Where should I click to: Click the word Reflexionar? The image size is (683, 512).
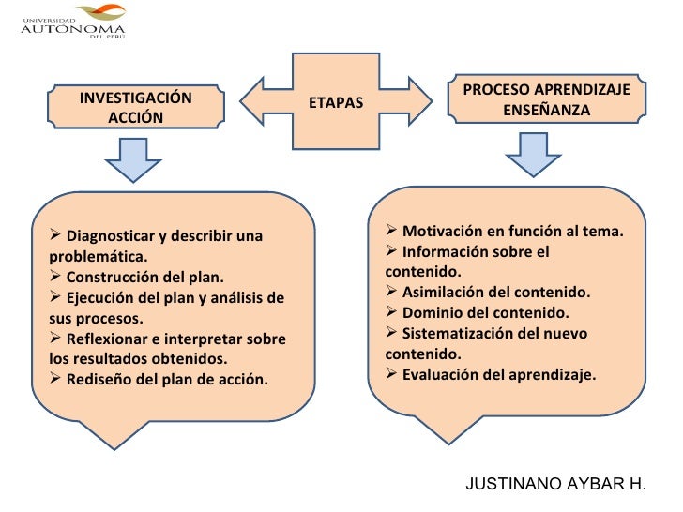point(112,339)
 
